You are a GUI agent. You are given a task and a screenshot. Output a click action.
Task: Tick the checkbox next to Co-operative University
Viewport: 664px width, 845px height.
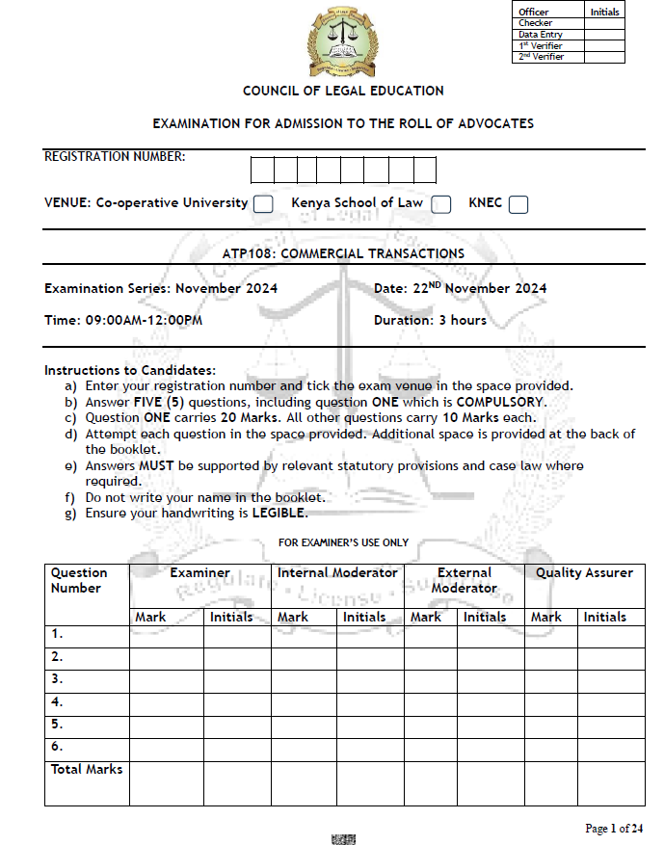[x=263, y=204]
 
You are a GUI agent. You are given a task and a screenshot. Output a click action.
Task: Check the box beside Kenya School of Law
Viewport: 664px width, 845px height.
[x=440, y=204]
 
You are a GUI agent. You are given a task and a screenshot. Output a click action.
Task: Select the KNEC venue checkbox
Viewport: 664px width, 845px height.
[x=518, y=204]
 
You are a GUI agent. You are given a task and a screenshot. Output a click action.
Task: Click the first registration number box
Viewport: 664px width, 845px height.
[x=262, y=171]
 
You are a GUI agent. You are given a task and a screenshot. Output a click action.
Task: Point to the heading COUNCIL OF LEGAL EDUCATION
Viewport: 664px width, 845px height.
[x=343, y=91]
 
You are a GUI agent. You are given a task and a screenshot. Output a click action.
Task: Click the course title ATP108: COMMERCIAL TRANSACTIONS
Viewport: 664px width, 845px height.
[x=343, y=254]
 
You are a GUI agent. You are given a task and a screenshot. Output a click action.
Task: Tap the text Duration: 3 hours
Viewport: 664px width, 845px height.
[x=430, y=320]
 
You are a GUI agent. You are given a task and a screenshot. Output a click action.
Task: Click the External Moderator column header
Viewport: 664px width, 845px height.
[x=464, y=580]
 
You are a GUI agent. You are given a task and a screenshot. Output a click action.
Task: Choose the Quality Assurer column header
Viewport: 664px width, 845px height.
[x=584, y=573]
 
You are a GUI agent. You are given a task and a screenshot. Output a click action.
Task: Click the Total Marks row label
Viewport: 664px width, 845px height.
[x=87, y=770]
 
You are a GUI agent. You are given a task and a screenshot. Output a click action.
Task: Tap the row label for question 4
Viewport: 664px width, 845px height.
[x=57, y=702]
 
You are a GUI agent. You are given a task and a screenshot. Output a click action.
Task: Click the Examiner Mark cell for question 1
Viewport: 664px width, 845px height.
[x=166, y=636]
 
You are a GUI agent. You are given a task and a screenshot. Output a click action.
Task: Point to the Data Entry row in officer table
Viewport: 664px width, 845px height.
[x=541, y=35]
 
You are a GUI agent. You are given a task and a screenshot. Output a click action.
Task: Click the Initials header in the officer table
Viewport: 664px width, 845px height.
[x=604, y=13]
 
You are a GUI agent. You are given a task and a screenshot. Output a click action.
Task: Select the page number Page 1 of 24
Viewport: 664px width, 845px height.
[x=614, y=828]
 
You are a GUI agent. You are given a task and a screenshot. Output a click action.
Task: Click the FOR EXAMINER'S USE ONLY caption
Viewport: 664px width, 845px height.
[x=343, y=543]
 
